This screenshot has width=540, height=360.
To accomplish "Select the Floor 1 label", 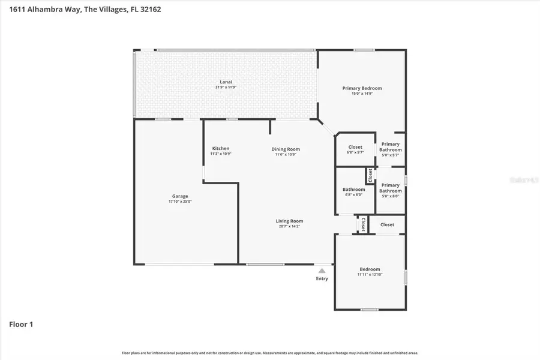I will [21, 325].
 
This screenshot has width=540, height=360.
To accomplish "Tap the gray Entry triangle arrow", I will [322, 271].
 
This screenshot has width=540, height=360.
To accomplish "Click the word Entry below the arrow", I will [322, 278].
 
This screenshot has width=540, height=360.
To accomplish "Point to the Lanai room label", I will [226, 82].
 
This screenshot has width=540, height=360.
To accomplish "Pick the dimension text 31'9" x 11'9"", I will [226, 88].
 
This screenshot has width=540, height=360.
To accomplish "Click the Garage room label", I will [180, 196].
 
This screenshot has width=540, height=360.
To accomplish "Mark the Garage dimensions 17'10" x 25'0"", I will [180, 202].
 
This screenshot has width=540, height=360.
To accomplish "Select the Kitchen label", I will [221, 149].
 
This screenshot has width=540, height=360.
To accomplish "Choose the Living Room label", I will [289, 221].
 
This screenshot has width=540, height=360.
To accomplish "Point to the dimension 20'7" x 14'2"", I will [289, 226].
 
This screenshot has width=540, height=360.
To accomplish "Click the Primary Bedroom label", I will [362, 88].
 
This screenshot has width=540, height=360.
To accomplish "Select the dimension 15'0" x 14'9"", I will [362, 94].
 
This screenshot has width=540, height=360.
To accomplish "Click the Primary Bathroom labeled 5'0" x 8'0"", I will [390, 188].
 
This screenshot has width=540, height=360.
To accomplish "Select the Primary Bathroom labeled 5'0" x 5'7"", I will [390, 147].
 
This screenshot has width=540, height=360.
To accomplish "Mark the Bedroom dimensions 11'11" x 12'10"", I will [370, 275].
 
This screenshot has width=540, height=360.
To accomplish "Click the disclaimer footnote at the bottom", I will [270, 353].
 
